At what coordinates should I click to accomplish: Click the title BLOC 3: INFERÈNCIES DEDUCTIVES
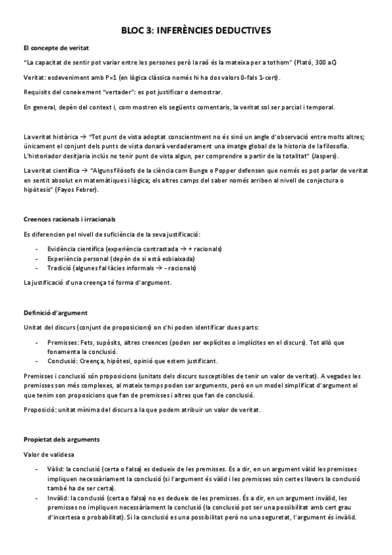(196, 30)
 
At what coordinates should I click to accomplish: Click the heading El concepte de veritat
(56, 48)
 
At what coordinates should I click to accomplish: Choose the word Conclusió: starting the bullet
(63, 361)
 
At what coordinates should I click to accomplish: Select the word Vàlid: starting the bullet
(56, 469)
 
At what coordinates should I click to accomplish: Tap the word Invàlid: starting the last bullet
(59, 497)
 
